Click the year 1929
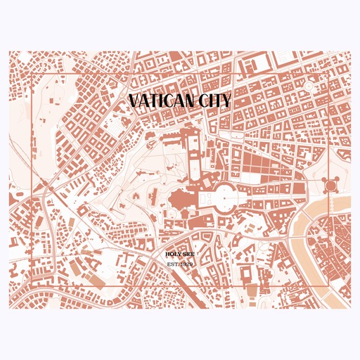coord(186,264)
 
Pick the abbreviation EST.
coord(172,264)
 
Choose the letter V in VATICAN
coord(135,101)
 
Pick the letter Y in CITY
coord(226,101)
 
